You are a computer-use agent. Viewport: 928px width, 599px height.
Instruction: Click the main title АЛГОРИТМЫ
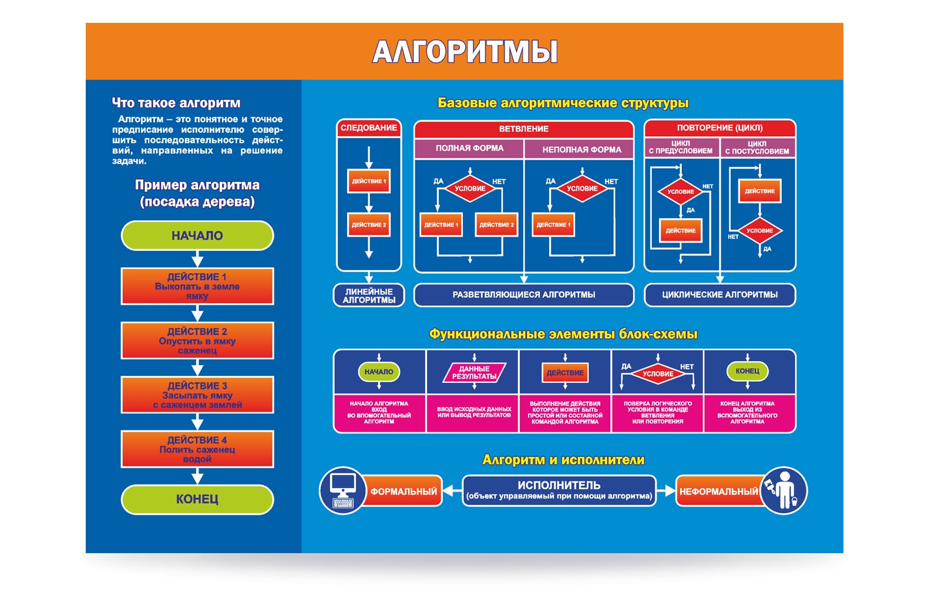pyautogui.click(x=465, y=52)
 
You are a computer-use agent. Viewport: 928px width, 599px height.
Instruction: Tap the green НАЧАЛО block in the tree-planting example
pyautogui.click(x=197, y=235)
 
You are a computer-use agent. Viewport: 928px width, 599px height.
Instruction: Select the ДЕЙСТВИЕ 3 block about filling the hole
pyautogui.click(x=197, y=395)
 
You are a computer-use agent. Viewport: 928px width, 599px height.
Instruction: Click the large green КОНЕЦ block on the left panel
pyautogui.click(x=197, y=499)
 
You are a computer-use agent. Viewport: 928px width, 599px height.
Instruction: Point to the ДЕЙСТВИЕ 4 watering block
pyautogui.click(x=197, y=449)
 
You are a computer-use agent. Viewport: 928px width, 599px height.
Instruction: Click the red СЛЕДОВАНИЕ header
pyautogui.click(x=369, y=128)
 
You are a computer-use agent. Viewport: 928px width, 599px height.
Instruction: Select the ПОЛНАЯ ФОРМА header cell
pyautogui.click(x=469, y=149)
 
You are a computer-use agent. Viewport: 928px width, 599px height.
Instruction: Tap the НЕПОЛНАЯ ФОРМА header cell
pyautogui.click(x=581, y=149)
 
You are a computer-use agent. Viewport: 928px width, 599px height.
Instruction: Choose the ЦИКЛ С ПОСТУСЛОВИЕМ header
pyautogui.click(x=756, y=147)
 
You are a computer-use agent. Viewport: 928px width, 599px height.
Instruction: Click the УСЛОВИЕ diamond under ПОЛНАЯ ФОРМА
pyautogui.click(x=470, y=189)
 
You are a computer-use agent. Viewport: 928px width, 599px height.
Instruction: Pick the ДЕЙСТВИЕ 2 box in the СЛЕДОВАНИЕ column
pyautogui.click(x=369, y=225)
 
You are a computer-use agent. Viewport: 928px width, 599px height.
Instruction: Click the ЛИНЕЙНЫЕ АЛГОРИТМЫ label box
pyautogui.click(x=369, y=295)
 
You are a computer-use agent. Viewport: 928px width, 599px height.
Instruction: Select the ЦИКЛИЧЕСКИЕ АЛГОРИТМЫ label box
pyautogui.click(x=719, y=295)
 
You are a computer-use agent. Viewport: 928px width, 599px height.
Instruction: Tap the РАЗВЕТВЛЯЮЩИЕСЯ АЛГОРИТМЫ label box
pyautogui.click(x=523, y=295)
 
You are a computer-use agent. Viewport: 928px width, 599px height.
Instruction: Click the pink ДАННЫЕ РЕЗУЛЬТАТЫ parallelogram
pyautogui.click(x=474, y=372)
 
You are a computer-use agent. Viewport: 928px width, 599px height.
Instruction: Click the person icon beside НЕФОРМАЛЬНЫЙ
pyautogui.click(x=785, y=491)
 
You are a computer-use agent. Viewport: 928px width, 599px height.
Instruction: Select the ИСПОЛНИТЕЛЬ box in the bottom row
pyautogui.click(x=559, y=490)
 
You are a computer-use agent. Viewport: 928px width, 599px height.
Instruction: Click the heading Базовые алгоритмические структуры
pyautogui.click(x=563, y=103)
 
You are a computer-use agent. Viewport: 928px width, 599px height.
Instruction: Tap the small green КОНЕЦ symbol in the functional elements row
pyautogui.click(x=747, y=371)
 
